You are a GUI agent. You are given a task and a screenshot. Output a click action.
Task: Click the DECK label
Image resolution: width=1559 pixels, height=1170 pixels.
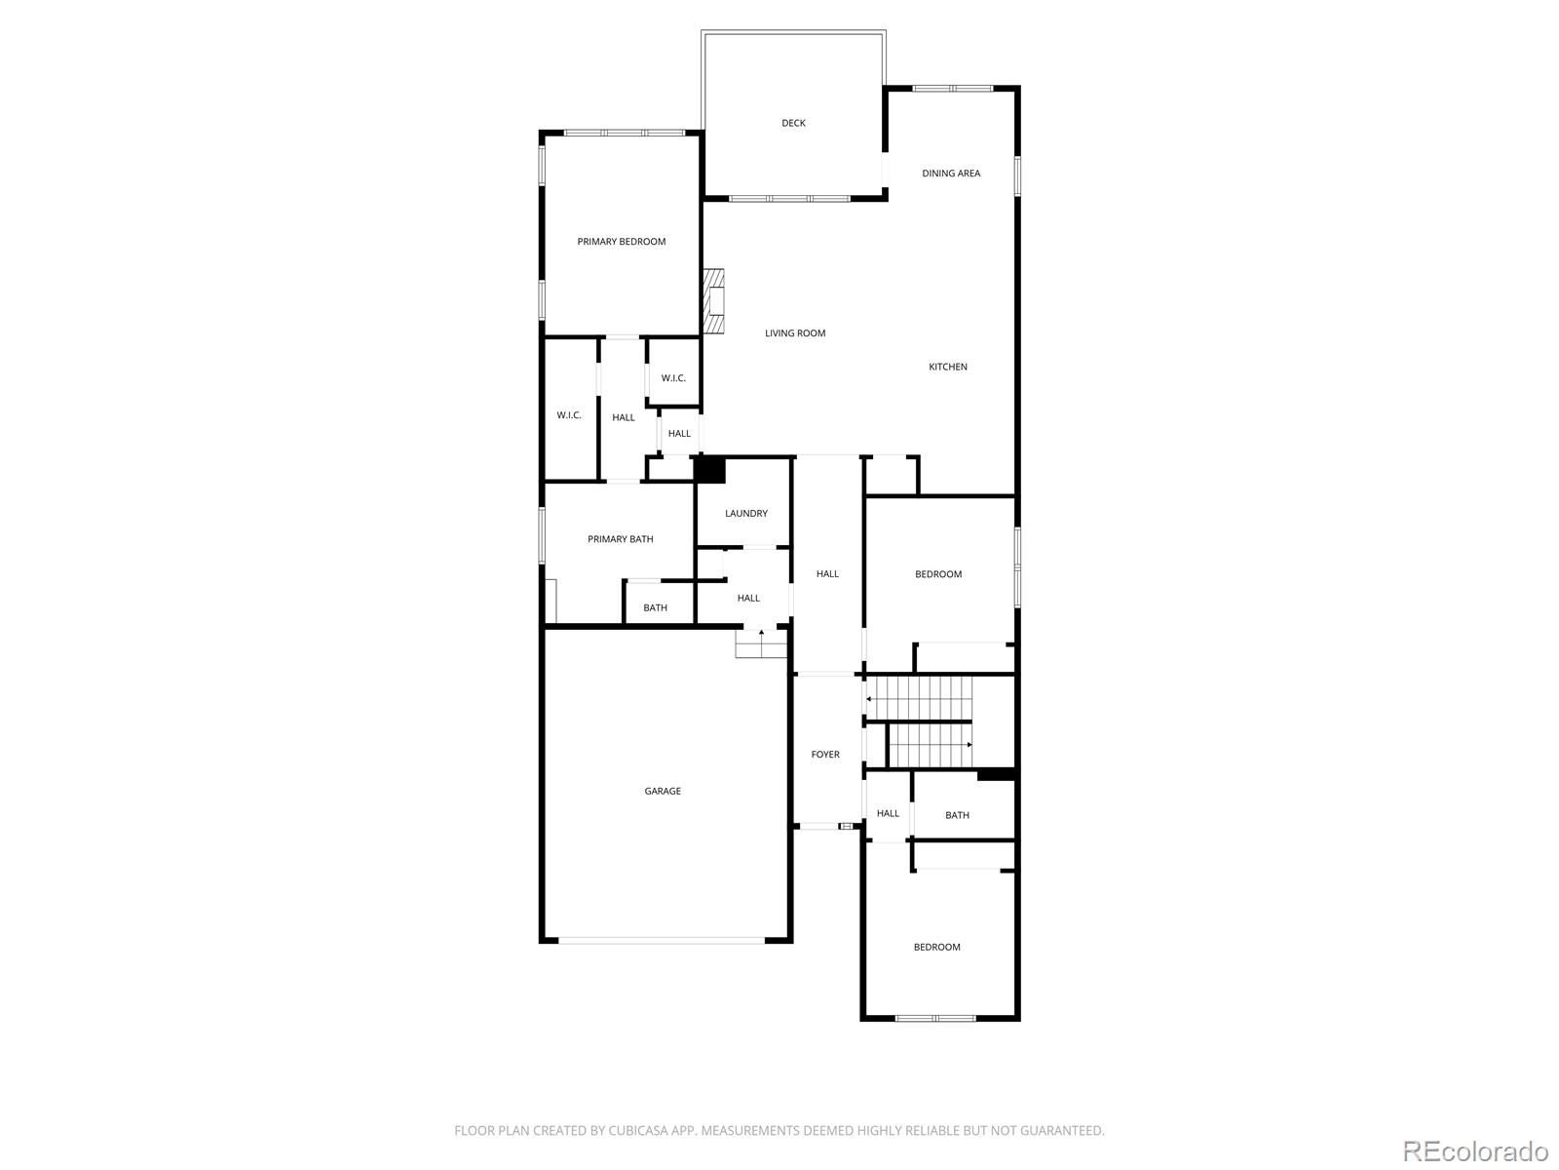pos(792,123)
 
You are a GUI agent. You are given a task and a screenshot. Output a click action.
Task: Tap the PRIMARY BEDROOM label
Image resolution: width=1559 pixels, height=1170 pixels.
pos(621,242)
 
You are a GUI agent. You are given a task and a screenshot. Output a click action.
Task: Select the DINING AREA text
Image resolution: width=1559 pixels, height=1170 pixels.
pos(950,174)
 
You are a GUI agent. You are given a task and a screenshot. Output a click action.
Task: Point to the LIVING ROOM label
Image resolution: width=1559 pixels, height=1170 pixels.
pos(795,333)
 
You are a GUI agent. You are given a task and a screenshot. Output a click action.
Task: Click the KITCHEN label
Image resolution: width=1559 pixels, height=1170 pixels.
pos(947,367)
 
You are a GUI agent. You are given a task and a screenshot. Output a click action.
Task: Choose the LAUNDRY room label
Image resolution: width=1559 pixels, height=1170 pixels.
pos(745,513)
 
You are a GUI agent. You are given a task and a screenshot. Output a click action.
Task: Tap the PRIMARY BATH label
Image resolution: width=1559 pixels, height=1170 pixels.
pos(620,539)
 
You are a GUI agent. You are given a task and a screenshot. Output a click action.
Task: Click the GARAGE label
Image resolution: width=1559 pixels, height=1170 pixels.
pos(662,791)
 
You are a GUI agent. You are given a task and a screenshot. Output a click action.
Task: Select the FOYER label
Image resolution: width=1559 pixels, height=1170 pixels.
pos(825,755)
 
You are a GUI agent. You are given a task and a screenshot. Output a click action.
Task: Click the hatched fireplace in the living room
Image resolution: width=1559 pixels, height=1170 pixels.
pos(713,301)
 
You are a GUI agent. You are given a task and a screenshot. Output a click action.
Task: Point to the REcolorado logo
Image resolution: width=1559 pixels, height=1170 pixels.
pos(1475,1150)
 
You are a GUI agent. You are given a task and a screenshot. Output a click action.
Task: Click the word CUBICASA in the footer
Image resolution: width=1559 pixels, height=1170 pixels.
pos(638,1130)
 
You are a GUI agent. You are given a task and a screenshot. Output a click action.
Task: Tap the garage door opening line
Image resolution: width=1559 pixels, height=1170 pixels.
pos(662,940)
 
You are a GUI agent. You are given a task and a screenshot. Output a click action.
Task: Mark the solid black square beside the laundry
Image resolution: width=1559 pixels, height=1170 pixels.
pos(708,470)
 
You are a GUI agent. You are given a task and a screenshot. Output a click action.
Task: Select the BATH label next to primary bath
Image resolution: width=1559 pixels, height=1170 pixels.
pos(655,607)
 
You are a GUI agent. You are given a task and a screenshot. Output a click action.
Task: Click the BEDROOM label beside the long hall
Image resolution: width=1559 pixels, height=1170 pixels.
pos(937,574)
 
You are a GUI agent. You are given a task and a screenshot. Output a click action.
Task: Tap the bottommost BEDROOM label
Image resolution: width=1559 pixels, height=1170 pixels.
pos(936,947)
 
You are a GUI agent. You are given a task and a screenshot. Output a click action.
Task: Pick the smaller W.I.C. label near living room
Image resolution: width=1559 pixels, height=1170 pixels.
pos(673,378)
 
